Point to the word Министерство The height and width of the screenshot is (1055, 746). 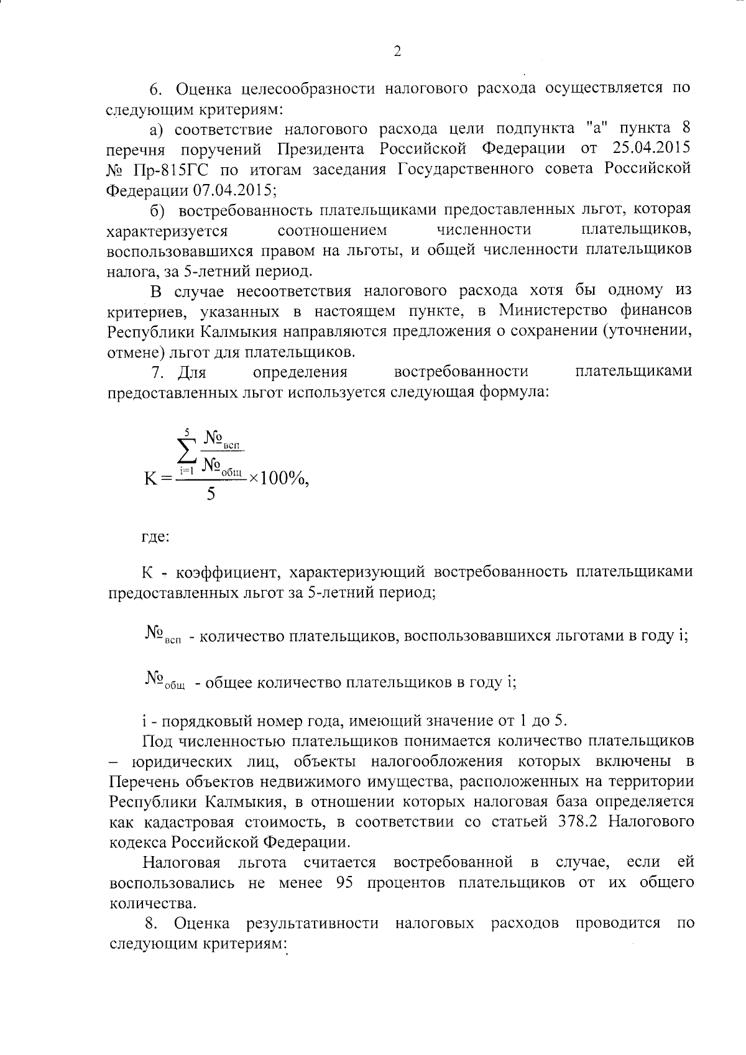(x=553, y=310)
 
